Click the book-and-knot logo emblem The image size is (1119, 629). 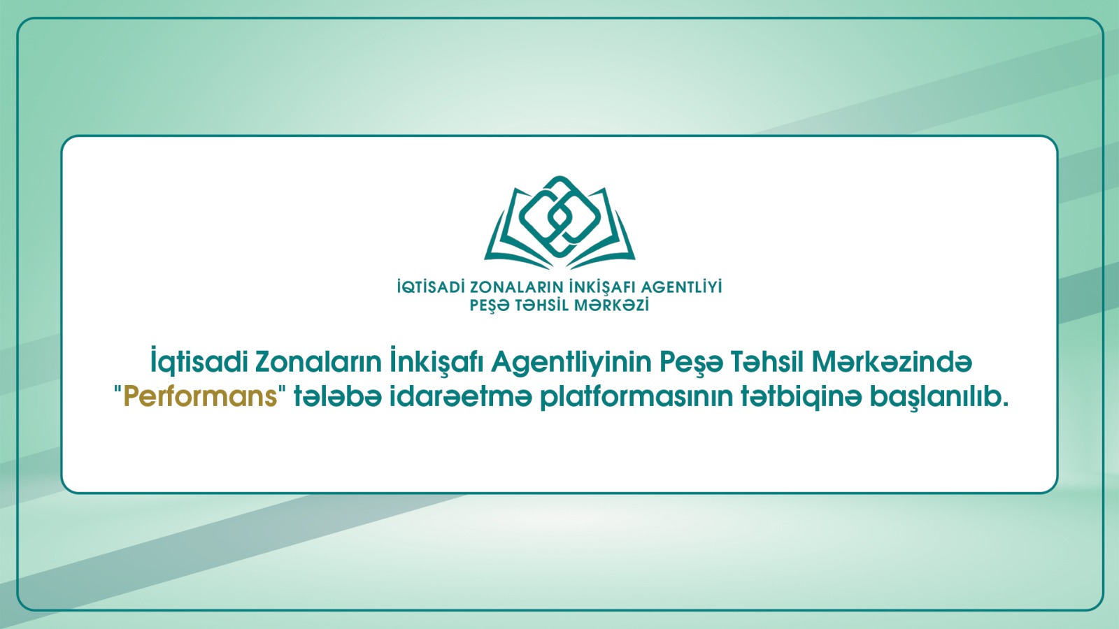[559, 223]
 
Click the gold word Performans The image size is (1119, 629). [200, 398]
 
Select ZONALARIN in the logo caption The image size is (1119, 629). [514, 287]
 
